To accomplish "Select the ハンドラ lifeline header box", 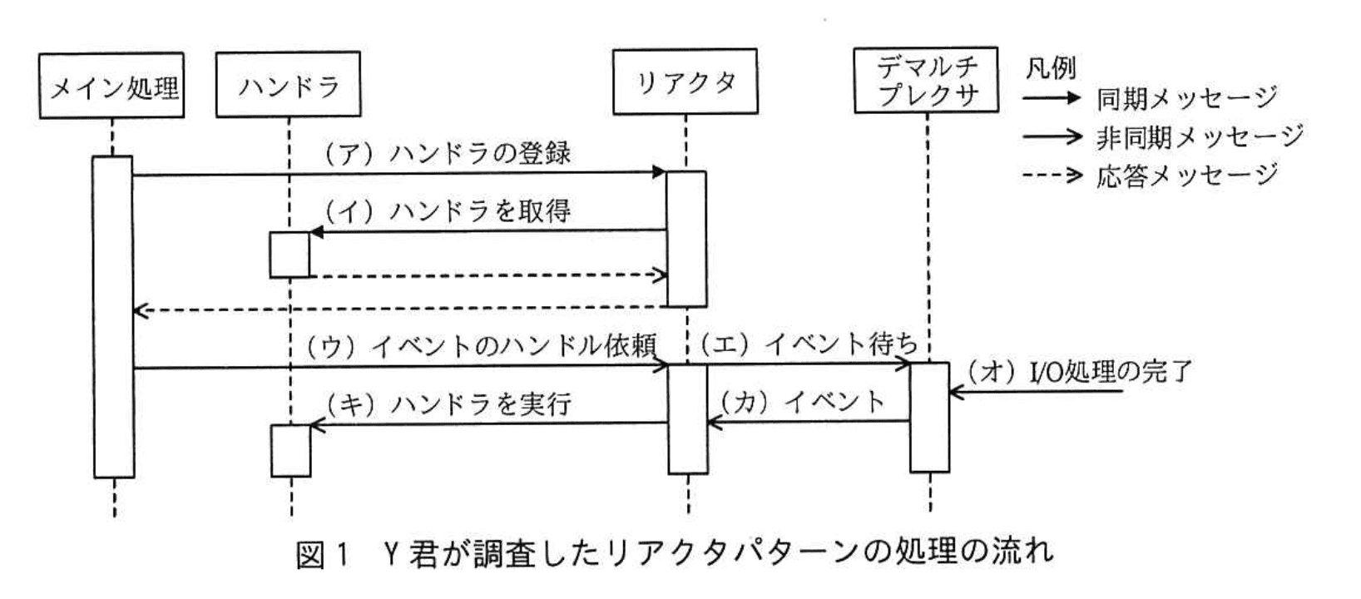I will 288,85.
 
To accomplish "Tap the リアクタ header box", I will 685,82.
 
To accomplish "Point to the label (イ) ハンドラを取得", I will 448,211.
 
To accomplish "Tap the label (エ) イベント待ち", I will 808,344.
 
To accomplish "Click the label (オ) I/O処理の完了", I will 1079,372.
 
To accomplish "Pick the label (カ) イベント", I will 800,402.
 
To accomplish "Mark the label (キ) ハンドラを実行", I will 448,404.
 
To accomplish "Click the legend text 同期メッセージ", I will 1186,98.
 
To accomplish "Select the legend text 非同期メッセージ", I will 1199,136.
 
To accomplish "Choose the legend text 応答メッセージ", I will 1186,175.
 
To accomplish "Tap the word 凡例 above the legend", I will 1050,67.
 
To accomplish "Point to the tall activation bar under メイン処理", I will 113,316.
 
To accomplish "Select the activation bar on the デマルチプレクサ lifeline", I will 928,416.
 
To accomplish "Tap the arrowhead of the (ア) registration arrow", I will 660,173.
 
